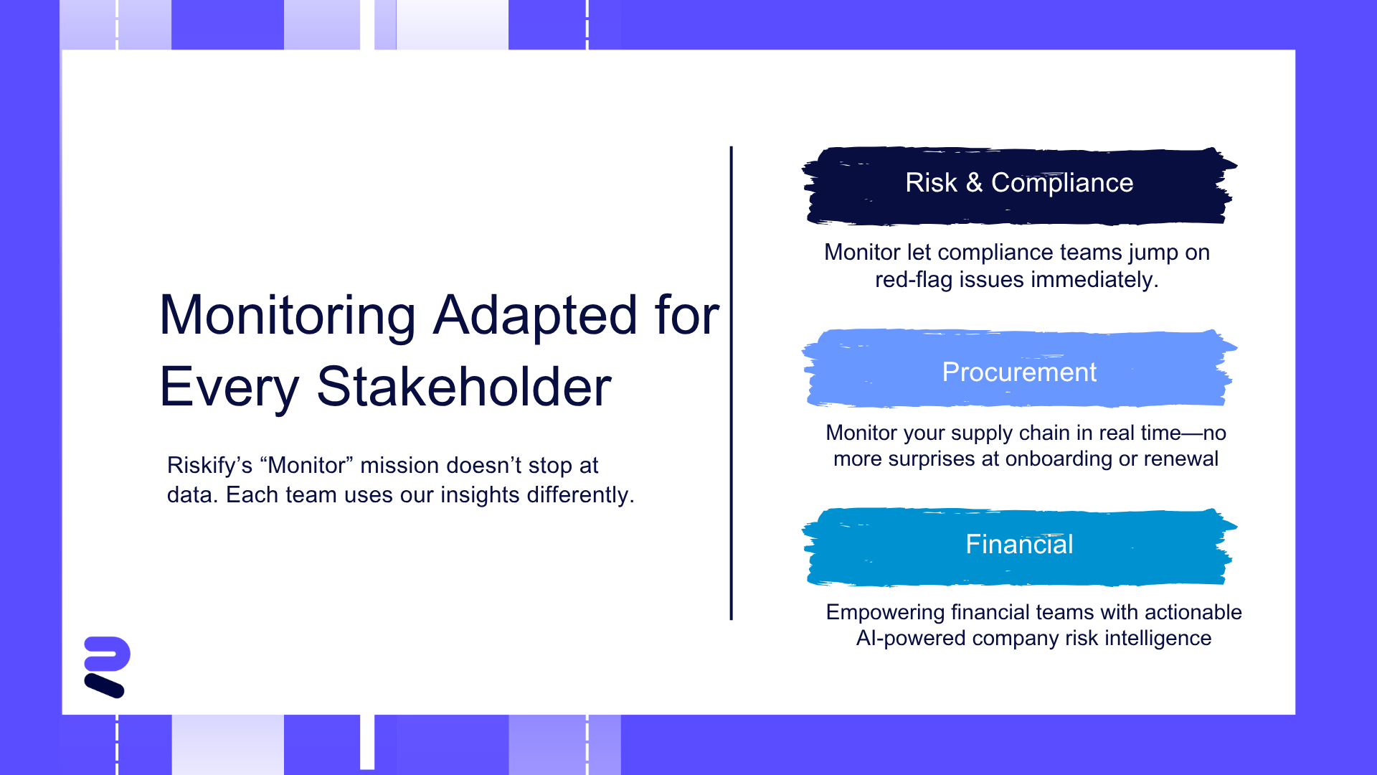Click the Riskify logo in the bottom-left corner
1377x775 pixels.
[107, 667]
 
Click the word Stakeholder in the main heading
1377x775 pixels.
[464, 387]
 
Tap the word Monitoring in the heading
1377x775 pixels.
[288, 316]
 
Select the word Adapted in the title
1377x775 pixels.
[535, 316]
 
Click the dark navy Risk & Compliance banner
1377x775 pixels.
[1019, 186]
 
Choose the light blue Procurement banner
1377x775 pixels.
[1019, 368]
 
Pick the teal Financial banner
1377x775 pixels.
[1019, 547]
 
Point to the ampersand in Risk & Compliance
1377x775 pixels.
[974, 183]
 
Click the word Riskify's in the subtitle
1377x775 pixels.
[209, 466]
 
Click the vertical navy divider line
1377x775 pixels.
[731, 383]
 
